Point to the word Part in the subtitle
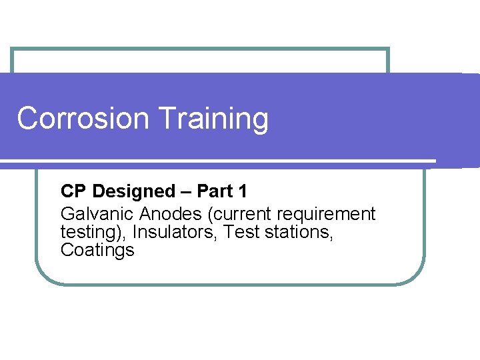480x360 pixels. [214, 191]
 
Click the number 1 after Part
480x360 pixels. [242, 191]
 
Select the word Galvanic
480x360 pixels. [97, 214]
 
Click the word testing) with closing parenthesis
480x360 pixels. [93, 233]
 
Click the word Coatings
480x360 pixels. [97, 250]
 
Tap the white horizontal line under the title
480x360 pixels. [220, 161]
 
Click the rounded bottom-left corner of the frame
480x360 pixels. [43, 276]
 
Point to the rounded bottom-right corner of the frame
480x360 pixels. [417, 276]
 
